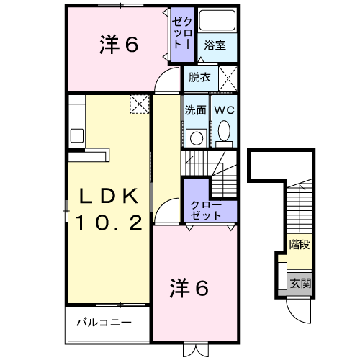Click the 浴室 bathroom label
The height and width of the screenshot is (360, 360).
click(215, 45)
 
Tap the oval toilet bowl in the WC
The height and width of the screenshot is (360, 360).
click(224, 131)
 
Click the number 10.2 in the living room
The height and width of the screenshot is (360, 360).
click(108, 223)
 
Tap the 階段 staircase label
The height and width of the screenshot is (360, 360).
click(300, 245)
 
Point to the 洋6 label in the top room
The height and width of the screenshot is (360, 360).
click(118, 45)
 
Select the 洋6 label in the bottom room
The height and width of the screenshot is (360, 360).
click(189, 288)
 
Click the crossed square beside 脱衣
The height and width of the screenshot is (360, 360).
click(228, 76)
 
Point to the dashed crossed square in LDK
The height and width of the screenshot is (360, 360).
click(138, 105)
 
